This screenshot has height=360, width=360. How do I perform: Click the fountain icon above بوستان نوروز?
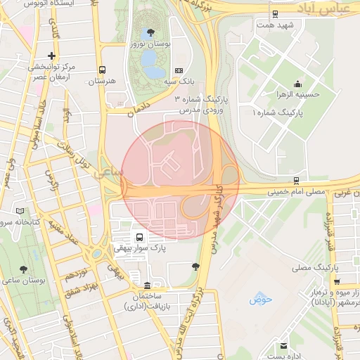click(x=149, y=32)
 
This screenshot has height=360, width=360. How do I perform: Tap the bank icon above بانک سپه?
click(x=179, y=70)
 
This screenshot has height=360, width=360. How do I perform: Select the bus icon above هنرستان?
click(x=103, y=70)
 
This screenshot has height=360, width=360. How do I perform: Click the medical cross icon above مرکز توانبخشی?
click(x=51, y=56)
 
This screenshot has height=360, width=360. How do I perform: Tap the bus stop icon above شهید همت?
click(x=274, y=13)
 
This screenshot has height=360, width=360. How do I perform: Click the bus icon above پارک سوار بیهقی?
click(x=139, y=237)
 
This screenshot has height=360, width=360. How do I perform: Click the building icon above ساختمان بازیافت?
click(x=146, y=285)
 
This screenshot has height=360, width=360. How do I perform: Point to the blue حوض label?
click(x=260, y=300)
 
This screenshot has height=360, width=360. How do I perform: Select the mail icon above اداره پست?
click(x=283, y=347)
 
